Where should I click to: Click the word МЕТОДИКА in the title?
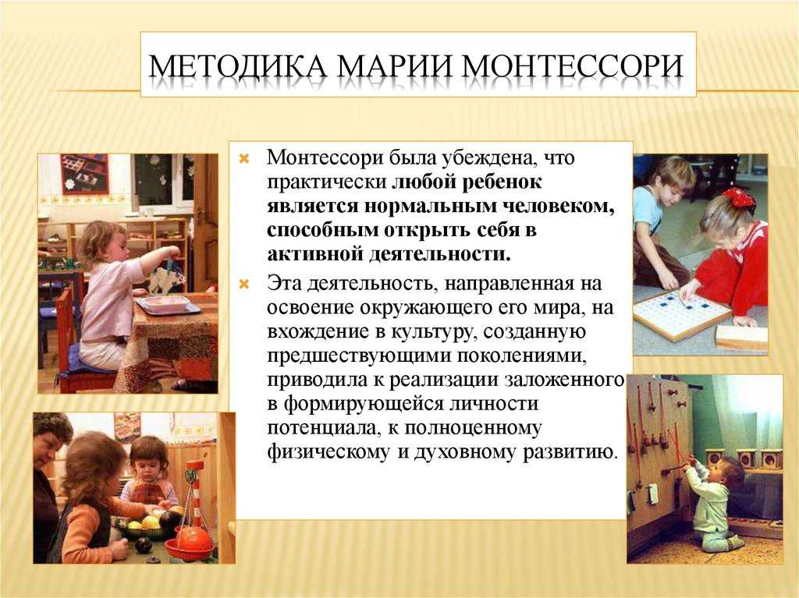pyautogui.click(x=237, y=66)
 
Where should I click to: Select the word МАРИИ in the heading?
pyautogui.click(x=395, y=66)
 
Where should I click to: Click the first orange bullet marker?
pyautogui.click(x=244, y=158)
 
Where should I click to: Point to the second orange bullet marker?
pyautogui.click(x=244, y=284)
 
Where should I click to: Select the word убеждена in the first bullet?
pyautogui.click(x=488, y=158)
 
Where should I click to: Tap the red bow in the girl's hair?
pyautogui.click(x=738, y=196)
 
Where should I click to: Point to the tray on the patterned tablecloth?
pyautogui.click(x=169, y=305)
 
